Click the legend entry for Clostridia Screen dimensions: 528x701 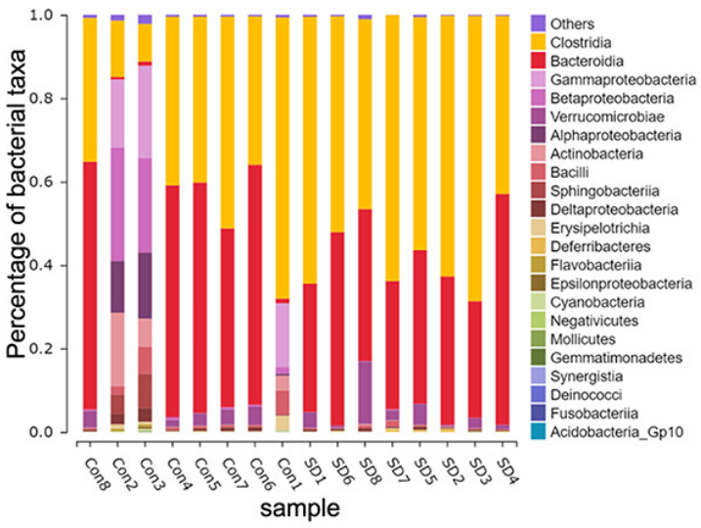pyautogui.click(x=582, y=41)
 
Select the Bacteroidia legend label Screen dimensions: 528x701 pyautogui.click(x=584, y=60)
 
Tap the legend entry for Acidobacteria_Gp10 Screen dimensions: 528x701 pyautogui.click(x=606, y=431)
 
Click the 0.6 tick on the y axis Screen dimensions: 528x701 pyautogui.click(x=59, y=182)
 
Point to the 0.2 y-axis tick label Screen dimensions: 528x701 pyautogui.click(x=59, y=349)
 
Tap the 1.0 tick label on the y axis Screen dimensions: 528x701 pyautogui.click(x=59, y=16)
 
